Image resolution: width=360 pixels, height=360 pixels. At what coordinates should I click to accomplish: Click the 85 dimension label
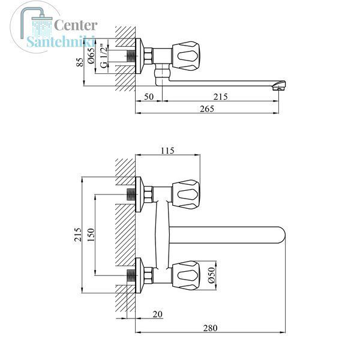(x=80, y=62)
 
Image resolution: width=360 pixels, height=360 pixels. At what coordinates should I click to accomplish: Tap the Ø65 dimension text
(x=91, y=55)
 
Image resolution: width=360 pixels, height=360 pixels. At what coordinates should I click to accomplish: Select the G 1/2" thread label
(x=104, y=56)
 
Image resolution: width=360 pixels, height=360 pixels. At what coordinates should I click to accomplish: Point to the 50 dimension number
(x=149, y=97)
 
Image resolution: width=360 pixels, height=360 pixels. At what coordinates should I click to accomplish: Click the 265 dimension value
(x=207, y=109)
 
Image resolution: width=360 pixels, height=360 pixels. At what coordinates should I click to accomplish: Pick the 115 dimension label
(x=167, y=151)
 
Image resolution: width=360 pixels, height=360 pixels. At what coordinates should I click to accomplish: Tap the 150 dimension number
(x=91, y=235)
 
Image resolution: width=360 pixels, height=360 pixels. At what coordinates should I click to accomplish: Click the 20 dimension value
(x=157, y=314)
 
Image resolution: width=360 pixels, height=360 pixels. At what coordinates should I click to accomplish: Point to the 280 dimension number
(x=210, y=328)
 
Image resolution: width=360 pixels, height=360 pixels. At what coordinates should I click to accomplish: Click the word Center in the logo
(x=76, y=25)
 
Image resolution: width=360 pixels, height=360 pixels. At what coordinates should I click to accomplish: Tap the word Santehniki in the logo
(x=61, y=41)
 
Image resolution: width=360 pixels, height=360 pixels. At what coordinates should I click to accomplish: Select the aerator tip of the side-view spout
(x=279, y=85)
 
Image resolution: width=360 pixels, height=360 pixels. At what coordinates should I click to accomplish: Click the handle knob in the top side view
(x=186, y=56)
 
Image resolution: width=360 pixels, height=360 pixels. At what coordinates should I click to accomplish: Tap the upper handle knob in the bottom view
(x=186, y=194)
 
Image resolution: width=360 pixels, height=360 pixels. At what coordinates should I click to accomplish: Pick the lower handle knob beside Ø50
(x=186, y=275)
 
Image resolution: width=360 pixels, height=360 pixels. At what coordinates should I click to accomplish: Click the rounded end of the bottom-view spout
(x=281, y=235)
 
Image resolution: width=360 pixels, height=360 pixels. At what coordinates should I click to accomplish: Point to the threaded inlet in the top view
(x=131, y=56)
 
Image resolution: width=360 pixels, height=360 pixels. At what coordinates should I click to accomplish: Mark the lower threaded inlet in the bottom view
(x=131, y=275)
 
